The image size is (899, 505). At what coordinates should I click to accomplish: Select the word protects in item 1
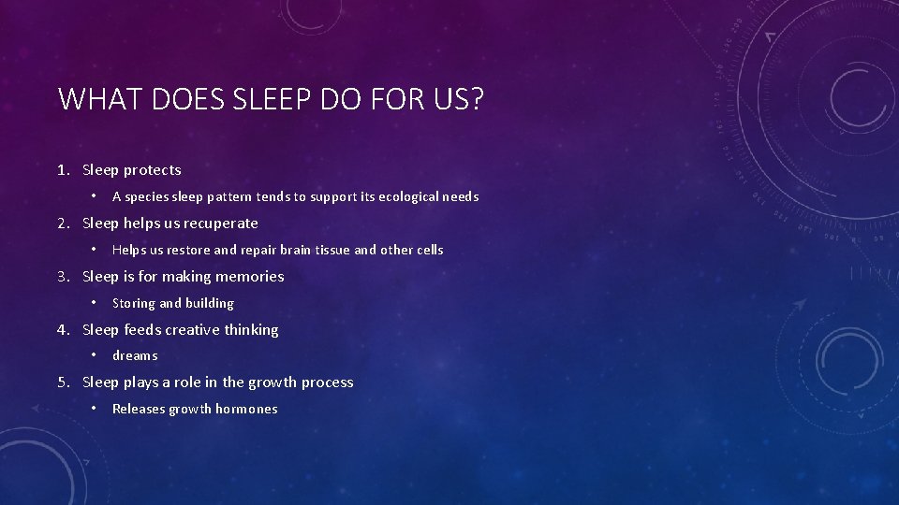pyautogui.click(x=153, y=170)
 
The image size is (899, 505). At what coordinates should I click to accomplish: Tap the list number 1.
pyautogui.click(x=62, y=170)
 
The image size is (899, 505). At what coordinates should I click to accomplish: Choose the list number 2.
pyautogui.click(x=62, y=224)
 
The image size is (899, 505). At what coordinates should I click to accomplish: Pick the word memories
pyautogui.click(x=250, y=277)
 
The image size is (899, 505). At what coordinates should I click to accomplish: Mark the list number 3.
pyautogui.click(x=62, y=277)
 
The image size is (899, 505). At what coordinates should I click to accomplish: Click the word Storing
pyautogui.click(x=134, y=303)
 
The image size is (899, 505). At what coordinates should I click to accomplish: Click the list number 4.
pyautogui.click(x=62, y=330)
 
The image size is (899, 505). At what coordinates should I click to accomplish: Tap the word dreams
pyautogui.click(x=135, y=355)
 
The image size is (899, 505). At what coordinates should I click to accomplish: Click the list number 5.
pyautogui.click(x=62, y=382)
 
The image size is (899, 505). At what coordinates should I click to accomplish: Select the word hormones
pyautogui.click(x=246, y=409)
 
